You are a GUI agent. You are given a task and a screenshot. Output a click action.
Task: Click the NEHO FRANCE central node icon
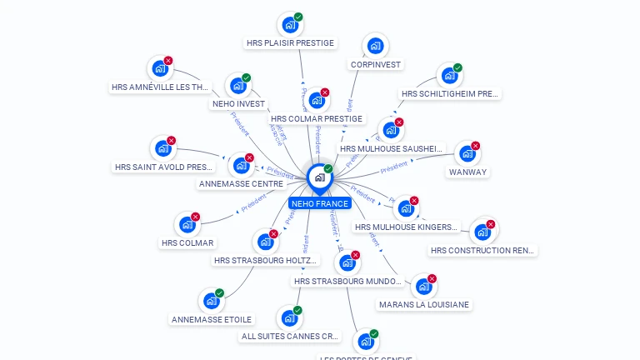pos(319,177)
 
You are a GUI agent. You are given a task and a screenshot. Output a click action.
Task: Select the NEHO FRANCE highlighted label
pos(320,203)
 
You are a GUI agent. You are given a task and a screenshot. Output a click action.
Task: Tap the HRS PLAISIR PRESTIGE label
pos(290,42)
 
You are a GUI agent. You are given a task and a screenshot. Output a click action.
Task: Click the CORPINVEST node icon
pos(376,45)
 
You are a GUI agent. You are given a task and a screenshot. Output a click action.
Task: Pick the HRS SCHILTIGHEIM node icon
pos(450,75)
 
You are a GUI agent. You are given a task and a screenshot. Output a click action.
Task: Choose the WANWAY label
pos(467,172)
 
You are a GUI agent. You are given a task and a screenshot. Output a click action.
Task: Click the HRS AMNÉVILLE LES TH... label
pos(161,87)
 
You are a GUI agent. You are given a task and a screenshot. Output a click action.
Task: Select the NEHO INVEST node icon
pos(238,85)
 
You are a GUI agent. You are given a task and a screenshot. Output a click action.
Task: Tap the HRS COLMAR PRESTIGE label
pos(317,119)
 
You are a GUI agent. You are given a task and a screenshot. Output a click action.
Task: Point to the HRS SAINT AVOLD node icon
pos(163,148)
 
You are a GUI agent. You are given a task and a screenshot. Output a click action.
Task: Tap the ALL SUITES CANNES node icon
pos(289,318)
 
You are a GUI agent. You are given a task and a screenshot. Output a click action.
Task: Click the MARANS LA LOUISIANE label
pos(424,305)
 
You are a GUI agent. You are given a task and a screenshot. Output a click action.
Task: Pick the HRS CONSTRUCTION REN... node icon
pos(482,232)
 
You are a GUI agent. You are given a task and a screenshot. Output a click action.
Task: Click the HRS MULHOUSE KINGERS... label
pos(407,227)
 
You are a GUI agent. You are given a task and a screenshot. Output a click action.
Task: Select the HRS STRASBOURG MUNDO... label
pos(348,282)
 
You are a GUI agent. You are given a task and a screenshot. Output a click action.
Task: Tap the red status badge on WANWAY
pos(476,146)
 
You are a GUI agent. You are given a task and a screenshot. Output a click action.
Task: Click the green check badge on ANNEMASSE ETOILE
pos(219,293)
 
